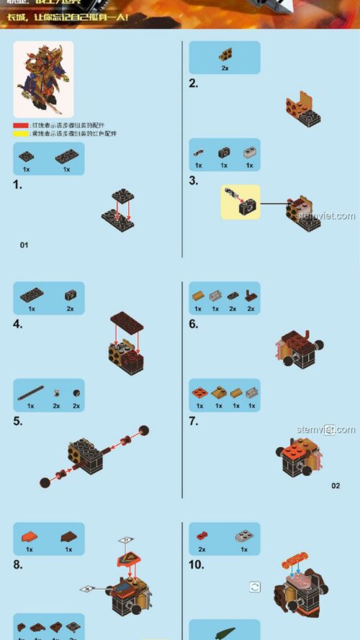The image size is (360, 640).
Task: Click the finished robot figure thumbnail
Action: (x=43, y=79)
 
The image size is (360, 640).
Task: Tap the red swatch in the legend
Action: (x=21, y=125)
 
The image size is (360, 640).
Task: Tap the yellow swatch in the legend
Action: (x=21, y=134)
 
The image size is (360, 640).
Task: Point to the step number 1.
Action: (x=18, y=185)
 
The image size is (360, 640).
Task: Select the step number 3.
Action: (x=193, y=181)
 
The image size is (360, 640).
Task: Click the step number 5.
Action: (x=18, y=421)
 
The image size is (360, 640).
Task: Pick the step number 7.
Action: (x=193, y=421)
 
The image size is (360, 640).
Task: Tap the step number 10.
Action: (x=196, y=565)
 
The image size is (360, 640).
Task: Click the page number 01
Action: (x=24, y=245)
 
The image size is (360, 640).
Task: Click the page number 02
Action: (x=336, y=486)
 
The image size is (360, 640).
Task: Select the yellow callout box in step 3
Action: (x=240, y=202)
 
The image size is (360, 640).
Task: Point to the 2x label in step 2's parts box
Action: (x=225, y=68)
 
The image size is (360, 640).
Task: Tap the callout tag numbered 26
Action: (x=87, y=589)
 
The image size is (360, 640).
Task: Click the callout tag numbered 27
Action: (x=127, y=539)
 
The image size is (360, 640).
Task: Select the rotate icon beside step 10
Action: (x=255, y=587)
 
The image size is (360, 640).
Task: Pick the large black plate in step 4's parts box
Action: (x=31, y=295)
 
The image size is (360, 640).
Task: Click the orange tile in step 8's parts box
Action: (x=30, y=536)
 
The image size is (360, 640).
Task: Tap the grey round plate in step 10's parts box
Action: (x=244, y=536)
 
